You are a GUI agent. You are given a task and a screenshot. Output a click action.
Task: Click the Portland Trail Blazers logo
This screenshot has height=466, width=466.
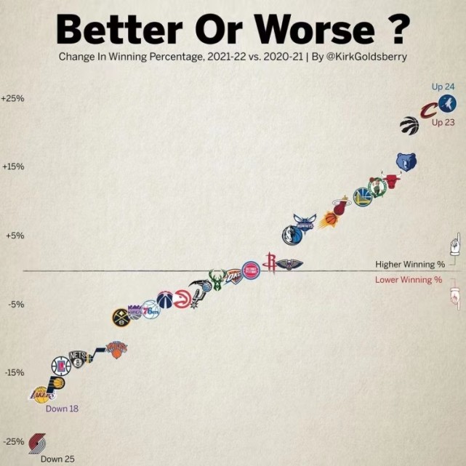pyautogui.click(x=37, y=442)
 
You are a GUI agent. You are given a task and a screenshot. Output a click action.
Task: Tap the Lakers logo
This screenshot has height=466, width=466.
pyautogui.click(x=40, y=395)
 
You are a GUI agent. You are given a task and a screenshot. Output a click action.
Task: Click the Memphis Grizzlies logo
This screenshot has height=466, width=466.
pyautogui.click(x=406, y=161)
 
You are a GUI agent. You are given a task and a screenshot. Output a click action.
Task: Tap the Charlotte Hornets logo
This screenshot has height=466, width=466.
pyautogui.click(x=305, y=222)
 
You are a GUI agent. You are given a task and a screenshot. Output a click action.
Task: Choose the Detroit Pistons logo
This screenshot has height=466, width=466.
pyautogui.click(x=250, y=270)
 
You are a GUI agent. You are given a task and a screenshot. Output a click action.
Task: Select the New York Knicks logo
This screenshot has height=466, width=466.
pyautogui.click(x=116, y=348)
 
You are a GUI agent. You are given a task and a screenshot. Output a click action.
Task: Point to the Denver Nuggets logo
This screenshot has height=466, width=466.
pyautogui.click(x=121, y=318)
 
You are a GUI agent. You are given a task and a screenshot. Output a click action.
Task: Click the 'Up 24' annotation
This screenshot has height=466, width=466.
pyautogui.click(x=443, y=87)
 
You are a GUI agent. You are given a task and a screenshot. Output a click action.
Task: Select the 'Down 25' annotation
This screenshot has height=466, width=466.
pyautogui.click(x=57, y=459)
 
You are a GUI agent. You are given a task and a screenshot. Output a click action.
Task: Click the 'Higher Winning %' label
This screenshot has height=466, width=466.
pyautogui.click(x=409, y=264)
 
